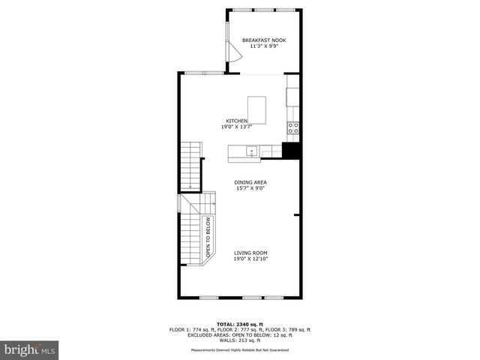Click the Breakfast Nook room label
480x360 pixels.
click(x=263, y=40)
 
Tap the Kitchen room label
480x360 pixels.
click(x=237, y=121)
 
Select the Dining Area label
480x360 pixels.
click(x=250, y=182)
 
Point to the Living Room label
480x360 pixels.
click(x=250, y=253)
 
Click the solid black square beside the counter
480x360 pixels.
click(x=291, y=150)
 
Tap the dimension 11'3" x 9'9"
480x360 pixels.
click(x=263, y=46)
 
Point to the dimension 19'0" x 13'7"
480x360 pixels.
click(x=237, y=127)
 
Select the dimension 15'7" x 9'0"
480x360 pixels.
click(x=250, y=188)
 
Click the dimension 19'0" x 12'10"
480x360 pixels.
click(x=250, y=259)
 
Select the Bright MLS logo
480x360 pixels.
click(x=30, y=349)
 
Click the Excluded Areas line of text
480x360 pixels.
click(x=240, y=334)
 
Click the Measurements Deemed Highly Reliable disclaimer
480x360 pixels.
click(x=240, y=349)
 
